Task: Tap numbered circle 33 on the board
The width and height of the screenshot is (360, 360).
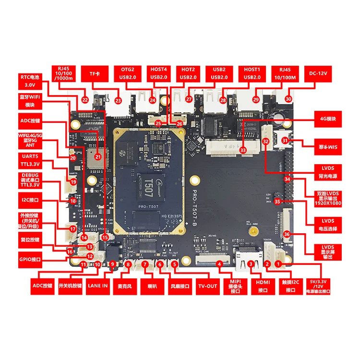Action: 243,150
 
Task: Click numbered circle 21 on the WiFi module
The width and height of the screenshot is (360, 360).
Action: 97,156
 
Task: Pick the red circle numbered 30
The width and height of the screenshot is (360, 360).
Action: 288,99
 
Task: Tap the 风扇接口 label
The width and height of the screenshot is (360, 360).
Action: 179,287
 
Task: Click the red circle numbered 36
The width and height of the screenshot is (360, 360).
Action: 287,234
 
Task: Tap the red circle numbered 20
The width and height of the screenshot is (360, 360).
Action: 73,157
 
